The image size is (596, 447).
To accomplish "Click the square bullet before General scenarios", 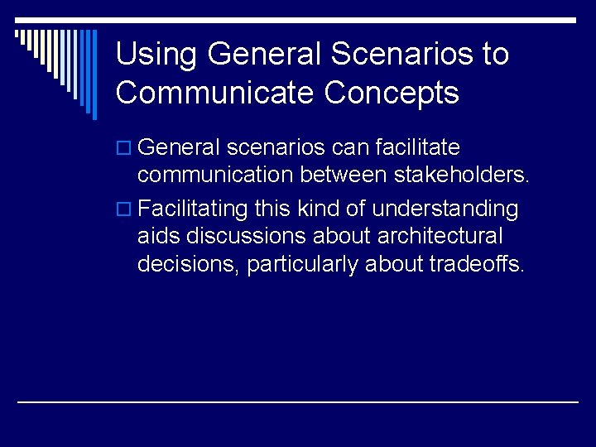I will [123, 149].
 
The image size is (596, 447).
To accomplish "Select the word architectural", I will [439, 237].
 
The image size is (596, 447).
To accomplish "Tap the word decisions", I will [188, 265].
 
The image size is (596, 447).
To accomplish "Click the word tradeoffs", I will [477, 265].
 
